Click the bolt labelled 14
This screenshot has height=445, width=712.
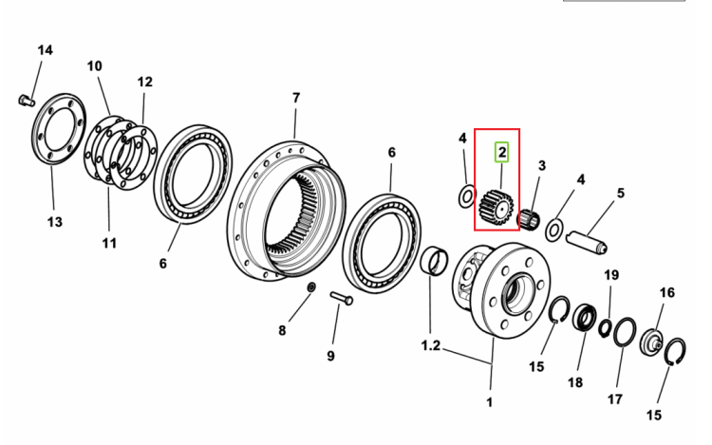coord(27,100)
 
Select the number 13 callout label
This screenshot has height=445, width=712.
coord(54,222)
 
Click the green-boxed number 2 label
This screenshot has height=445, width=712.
coord(502,153)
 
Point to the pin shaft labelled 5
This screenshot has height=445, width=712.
coord(587,242)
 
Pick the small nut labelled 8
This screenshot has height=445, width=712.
coord(312,287)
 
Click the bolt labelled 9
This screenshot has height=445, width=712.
coord(342,299)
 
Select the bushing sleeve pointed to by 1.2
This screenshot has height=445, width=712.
coord(435,261)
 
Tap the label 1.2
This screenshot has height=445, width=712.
coord(430,345)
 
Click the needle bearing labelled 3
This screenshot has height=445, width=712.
coord(530,220)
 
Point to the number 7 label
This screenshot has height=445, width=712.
coord(296,98)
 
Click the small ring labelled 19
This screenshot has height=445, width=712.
coord(605,328)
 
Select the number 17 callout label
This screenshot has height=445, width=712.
coord(615,399)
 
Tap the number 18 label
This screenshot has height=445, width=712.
coord(575,382)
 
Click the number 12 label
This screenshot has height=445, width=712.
coord(145,83)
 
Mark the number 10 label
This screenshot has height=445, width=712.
coord(94,66)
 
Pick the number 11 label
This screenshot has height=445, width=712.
coord(109,243)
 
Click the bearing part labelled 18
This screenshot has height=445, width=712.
coord(584,317)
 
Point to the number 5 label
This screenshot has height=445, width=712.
coord(620,194)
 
